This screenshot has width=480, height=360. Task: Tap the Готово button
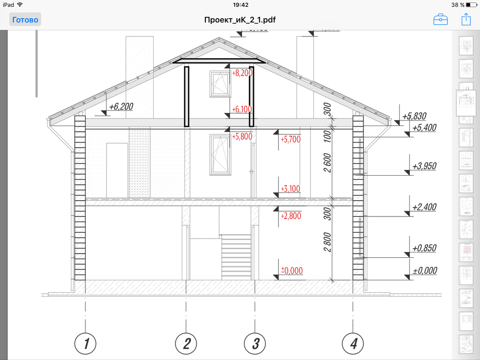25,20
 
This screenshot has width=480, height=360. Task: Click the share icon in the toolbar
466,20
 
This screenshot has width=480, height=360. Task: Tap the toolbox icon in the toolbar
441,20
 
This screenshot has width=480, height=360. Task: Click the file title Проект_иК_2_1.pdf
240,20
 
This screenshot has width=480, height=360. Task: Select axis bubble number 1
85,344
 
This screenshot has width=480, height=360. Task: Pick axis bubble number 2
186,344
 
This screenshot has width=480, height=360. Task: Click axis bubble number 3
255,344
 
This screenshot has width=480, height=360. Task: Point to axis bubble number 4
353,344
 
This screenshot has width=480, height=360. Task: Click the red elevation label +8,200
242,73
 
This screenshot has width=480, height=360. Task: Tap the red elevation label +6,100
242,109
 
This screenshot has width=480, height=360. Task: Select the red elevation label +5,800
242,137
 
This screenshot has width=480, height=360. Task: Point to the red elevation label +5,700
290,140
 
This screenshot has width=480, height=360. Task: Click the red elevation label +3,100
290,189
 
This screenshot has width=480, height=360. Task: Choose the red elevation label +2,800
290,216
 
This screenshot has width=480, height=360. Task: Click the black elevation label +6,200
121,107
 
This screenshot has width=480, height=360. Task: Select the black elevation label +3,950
424,166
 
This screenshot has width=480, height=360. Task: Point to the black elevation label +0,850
424,249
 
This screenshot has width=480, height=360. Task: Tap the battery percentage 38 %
458,5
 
